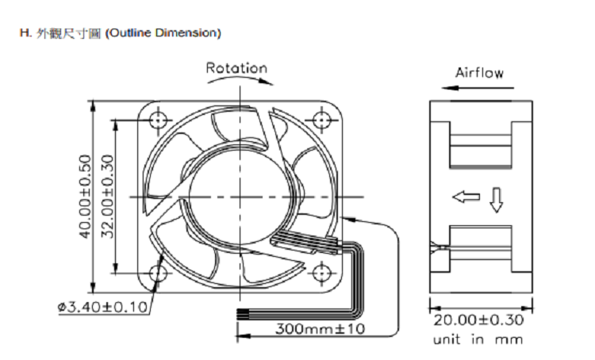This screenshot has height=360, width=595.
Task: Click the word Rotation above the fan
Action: (x=236, y=68)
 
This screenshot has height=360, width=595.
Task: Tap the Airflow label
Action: (x=480, y=72)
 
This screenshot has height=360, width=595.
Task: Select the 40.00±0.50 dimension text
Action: (x=86, y=197)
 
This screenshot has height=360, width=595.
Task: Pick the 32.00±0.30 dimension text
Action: (x=107, y=197)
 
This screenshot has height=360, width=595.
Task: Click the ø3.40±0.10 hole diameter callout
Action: (x=102, y=307)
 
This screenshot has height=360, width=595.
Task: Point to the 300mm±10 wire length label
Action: (x=320, y=328)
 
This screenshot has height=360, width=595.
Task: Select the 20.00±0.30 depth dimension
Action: (x=478, y=320)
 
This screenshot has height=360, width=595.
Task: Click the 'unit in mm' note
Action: (x=478, y=339)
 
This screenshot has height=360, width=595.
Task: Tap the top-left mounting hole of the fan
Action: (x=158, y=121)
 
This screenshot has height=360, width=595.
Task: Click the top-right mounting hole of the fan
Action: (x=322, y=121)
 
